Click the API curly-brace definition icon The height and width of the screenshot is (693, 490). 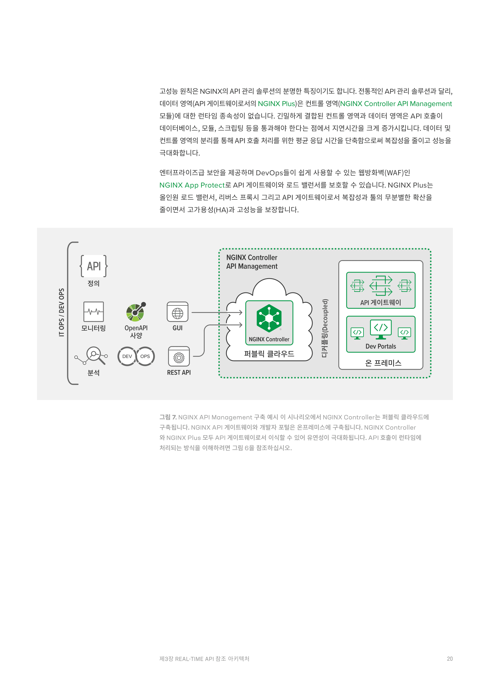pos(94,266)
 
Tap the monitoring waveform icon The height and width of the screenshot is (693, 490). pos(94,311)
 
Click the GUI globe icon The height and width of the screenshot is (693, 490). pos(177,312)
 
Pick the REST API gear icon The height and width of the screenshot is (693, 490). pos(179,356)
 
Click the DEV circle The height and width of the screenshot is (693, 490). pos(127,356)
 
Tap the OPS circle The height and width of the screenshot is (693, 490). pos(145,356)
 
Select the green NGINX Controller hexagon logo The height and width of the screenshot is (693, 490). pos(269,319)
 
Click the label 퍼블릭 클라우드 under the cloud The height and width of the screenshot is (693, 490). pos(269,354)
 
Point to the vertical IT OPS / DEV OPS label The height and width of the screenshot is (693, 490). pos(62,312)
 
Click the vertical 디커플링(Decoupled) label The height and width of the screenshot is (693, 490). pos(325,328)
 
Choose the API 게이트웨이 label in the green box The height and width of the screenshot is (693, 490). pos(380,303)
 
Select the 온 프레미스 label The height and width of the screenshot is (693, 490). pos(383,363)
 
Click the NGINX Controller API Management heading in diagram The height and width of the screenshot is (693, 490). pos(252,262)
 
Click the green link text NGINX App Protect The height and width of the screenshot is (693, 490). pos(192,185)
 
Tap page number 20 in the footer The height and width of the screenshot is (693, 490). pos(450,659)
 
